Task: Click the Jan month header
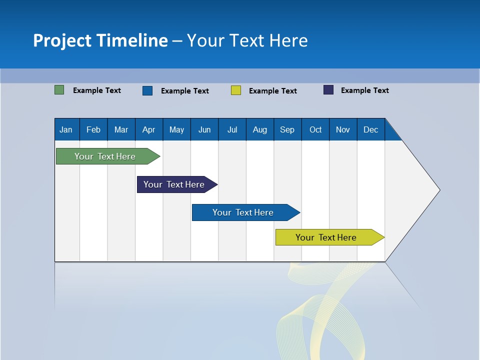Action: pyautogui.click(x=66, y=129)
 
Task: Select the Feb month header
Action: pyautogui.click(x=93, y=129)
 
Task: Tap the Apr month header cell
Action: pyautogui.click(x=149, y=129)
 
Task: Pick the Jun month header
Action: pyautogui.click(x=204, y=129)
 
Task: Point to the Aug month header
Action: pyautogui.click(x=260, y=129)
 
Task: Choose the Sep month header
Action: pyautogui.click(x=287, y=129)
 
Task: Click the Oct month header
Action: pyautogui.click(x=315, y=129)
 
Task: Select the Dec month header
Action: pyautogui.click(x=371, y=129)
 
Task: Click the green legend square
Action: pyautogui.click(x=59, y=90)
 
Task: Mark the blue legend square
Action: pyautogui.click(x=147, y=90)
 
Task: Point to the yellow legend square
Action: pyautogui.click(x=236, y=90)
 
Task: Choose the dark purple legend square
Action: pyautogui.click(x=328, y=90)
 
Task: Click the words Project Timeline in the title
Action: pyautogui.click(x=100, y=40)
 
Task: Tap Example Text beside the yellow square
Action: pyautogui.click(x=273, y=91)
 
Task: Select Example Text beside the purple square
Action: pyautogui.click(x=365, y=90)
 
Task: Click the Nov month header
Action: pyautogui.click(x=343, y=129)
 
